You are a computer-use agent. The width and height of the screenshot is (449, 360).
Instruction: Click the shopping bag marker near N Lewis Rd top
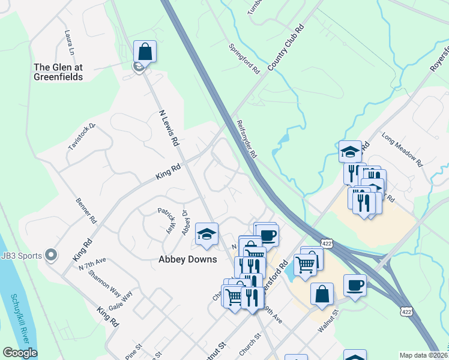[x=145, y=52]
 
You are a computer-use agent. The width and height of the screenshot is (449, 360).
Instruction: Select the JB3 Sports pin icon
[x=51, y=256]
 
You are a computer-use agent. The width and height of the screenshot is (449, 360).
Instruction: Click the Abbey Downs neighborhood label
[x=187, y=260]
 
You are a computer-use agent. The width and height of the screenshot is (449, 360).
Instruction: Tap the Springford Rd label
[x=244, y=59]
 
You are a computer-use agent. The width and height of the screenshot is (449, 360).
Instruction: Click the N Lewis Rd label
[x=170, y=128]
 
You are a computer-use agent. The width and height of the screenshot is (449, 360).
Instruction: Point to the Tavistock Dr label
[x=82, y=137]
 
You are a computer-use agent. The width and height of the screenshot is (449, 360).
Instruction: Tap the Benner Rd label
[x=86, y=211]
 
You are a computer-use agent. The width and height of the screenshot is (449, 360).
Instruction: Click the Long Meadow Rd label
[x=402, y=151]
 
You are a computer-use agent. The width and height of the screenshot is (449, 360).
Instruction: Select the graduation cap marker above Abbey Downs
[x=206, y=235]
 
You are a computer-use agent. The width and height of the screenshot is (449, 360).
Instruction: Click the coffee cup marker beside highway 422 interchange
[x=355, y=285]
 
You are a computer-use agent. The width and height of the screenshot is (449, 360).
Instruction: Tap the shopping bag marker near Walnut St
[x=322, y=294]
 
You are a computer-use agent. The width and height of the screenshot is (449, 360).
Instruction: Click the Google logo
[x=20, y=353]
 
